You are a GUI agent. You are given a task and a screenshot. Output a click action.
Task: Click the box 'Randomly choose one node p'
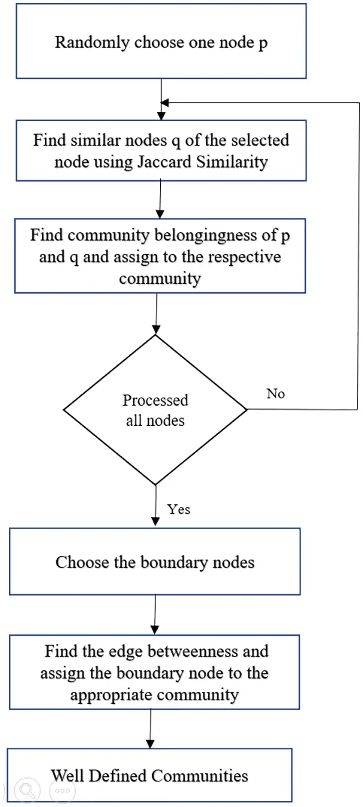point(161,42)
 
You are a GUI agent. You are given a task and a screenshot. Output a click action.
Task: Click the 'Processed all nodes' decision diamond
point(155,410)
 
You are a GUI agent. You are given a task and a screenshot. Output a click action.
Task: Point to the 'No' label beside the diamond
point(275,394)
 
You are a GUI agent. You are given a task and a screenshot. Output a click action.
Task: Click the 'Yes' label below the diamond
point(179,509)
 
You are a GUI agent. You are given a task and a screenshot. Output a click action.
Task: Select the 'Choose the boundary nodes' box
point(155,562)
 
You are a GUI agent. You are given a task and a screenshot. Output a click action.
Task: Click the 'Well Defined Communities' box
point(149,775)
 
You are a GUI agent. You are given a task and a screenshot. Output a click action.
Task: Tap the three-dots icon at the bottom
point(62,791)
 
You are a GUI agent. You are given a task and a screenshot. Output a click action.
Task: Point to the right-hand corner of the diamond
point(245,410)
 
